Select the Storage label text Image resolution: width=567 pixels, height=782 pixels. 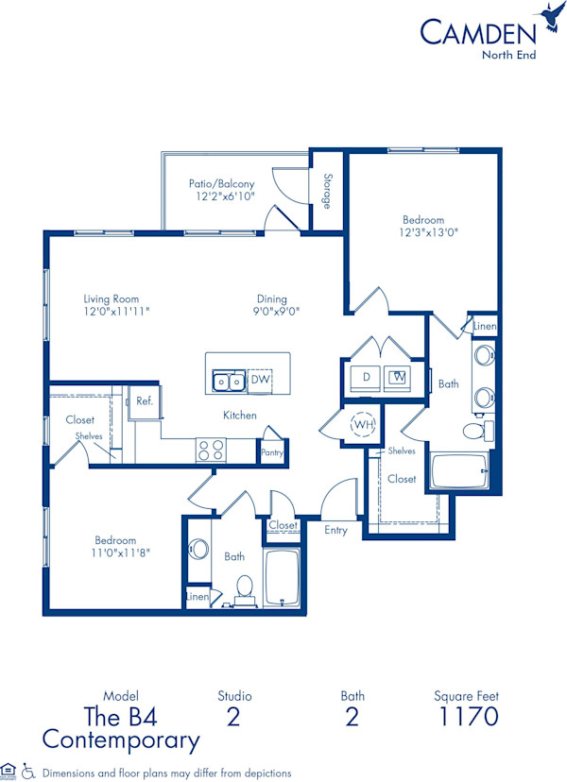coord(327,190)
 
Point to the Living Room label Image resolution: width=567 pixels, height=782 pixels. coord(112,299)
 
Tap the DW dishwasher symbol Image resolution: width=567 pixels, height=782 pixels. coord(260,380)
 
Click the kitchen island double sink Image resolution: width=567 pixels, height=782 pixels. coord(227,381)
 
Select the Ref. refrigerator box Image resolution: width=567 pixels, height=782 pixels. coord(145,401)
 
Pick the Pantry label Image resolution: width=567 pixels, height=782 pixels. coord(272,453)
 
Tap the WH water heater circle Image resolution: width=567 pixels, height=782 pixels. coord(363,425)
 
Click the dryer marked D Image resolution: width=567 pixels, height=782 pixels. coord(366,377)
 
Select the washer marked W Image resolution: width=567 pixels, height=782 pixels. coord(399,377)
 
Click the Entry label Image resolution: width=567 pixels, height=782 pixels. coord(335,530)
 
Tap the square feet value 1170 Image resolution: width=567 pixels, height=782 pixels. coord(468,716)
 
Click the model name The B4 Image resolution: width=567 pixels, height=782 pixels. coord(121,716)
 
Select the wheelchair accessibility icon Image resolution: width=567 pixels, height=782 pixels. coord(27,771)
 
